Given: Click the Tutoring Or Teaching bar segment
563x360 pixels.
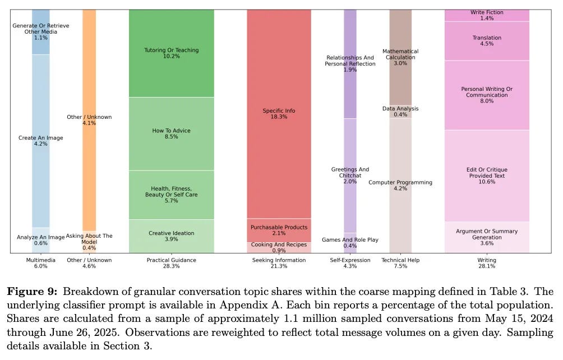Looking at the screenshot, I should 171,53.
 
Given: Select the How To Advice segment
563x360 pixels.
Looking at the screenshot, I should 171,134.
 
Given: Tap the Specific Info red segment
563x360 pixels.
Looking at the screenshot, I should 279,114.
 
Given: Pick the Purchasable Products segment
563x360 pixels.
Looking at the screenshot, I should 279,230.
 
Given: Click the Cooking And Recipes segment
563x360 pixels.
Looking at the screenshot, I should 279,247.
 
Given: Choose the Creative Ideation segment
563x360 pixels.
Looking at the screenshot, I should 171,236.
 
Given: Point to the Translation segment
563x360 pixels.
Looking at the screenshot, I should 487,41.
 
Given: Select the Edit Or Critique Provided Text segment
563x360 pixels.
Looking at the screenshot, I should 487,176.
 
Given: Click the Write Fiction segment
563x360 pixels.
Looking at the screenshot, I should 487,15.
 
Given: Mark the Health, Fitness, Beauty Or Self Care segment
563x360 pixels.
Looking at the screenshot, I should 171,195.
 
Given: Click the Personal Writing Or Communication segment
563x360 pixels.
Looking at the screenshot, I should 487,95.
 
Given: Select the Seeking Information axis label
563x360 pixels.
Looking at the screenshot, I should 279,263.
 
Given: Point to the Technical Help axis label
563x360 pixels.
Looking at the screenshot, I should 400,263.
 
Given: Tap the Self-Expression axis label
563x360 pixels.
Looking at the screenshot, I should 350,263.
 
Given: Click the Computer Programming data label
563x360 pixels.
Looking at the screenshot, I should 400,185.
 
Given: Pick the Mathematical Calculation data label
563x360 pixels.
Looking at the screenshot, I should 400,57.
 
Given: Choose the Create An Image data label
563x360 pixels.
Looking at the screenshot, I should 41,141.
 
